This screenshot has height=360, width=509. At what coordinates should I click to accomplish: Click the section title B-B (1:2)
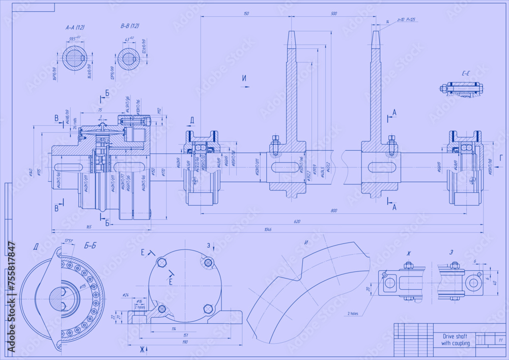coord(130,26)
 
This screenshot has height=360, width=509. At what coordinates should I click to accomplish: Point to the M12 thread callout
coord(158,110)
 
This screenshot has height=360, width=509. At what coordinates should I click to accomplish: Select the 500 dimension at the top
coord(333,14)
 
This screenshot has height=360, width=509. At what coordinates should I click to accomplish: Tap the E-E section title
coord(465,74)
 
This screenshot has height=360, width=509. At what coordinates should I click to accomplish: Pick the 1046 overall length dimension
coord(268,230)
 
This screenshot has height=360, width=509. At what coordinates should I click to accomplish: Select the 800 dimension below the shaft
coord(333,211)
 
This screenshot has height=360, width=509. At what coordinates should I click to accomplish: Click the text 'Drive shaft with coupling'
coord(455,340)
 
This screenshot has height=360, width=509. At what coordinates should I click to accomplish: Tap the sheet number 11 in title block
coord(501,340)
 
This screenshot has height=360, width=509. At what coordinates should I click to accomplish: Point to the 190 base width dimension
coord(184,342)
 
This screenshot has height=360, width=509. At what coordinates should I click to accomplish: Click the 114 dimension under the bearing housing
coord(174,328)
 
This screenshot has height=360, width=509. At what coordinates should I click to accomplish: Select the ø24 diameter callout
coord(126,295)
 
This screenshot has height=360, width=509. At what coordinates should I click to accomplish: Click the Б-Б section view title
coord(90,246)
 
